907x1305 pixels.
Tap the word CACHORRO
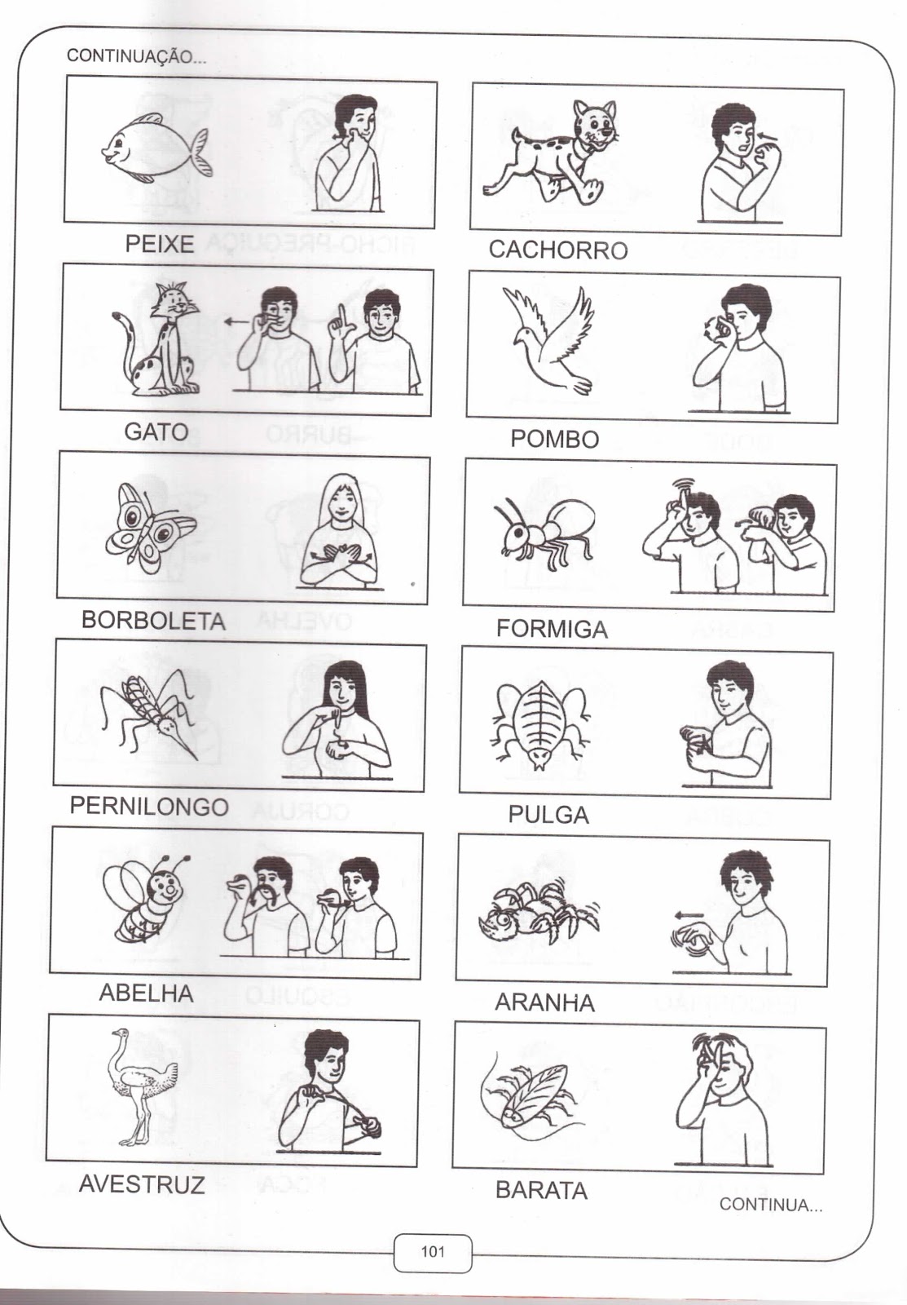click(558, 250)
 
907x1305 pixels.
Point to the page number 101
click(433, 1251)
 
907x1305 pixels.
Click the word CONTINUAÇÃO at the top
click(136, 56)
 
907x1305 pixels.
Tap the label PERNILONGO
click(149, 807)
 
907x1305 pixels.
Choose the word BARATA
click(541, 1191)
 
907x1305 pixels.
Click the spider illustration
click(539, 913)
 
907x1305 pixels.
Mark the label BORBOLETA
click(154, 620)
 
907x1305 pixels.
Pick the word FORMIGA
click(552, 629)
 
